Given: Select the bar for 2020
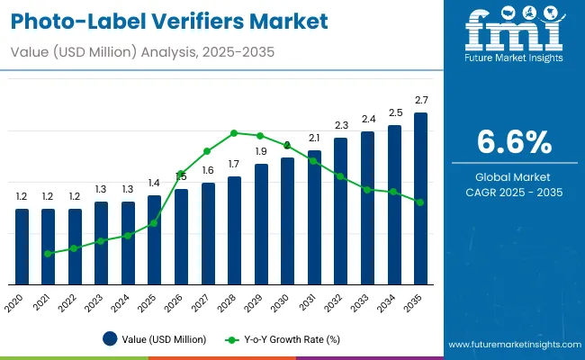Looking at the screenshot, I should tap(22, 247).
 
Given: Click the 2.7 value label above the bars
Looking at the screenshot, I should tap(421, 99).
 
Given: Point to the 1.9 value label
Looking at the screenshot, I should tap(261, 151).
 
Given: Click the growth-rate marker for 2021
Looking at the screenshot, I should tap(48, 254).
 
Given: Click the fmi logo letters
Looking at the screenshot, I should tap(513, 31).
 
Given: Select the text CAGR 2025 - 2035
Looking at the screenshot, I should tap(514, 192).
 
